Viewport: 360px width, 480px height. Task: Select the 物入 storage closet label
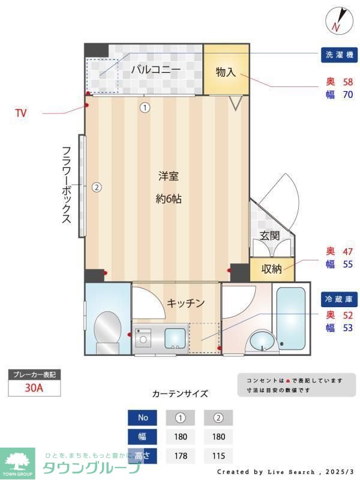[226, 72]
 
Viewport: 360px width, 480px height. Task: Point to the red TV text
[21, 113]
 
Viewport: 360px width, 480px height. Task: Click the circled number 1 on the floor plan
[145, 108]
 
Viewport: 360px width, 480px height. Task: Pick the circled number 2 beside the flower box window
[97, 187]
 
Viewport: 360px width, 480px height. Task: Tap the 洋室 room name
[169, 176]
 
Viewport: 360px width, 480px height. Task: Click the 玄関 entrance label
[270, 236]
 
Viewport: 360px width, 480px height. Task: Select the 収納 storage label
[272, 269]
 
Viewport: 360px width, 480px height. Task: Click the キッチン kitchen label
[186, 303]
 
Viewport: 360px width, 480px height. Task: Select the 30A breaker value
[34, 388]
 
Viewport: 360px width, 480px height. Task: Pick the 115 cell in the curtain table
[218, 455]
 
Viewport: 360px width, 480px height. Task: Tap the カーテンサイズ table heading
[180, 394]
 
